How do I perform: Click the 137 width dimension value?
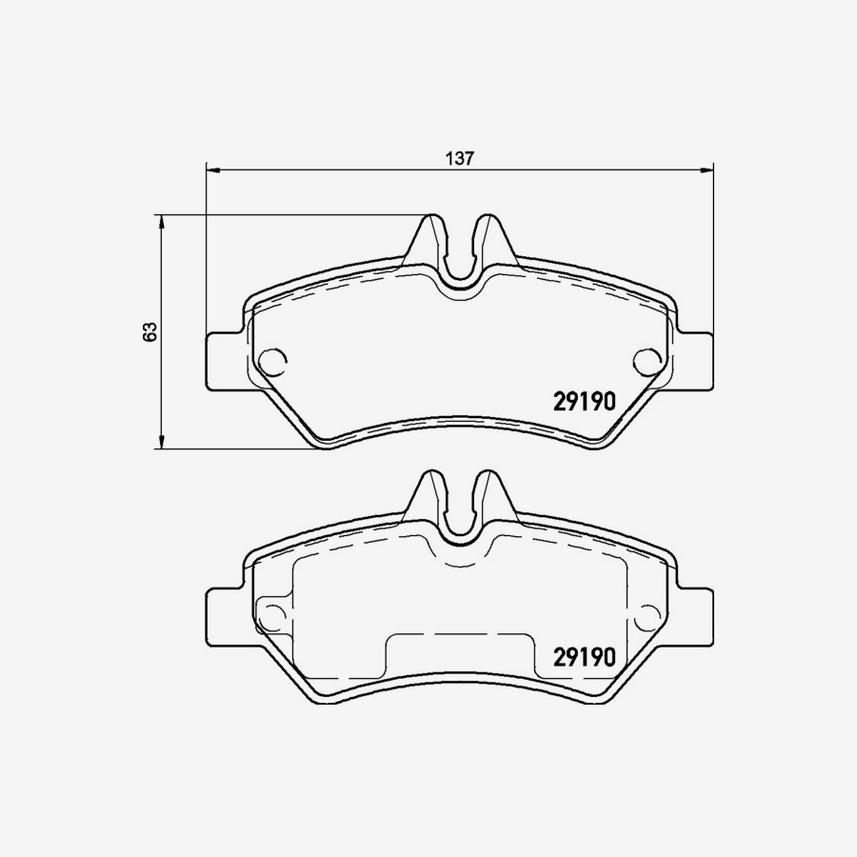460,159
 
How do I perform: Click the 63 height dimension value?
149,332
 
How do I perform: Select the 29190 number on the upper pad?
586,402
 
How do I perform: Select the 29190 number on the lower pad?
586,656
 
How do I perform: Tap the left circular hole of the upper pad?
272,361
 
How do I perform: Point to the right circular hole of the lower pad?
648,614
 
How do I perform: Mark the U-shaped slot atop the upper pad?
460,259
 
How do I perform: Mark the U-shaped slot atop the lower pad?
460,515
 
